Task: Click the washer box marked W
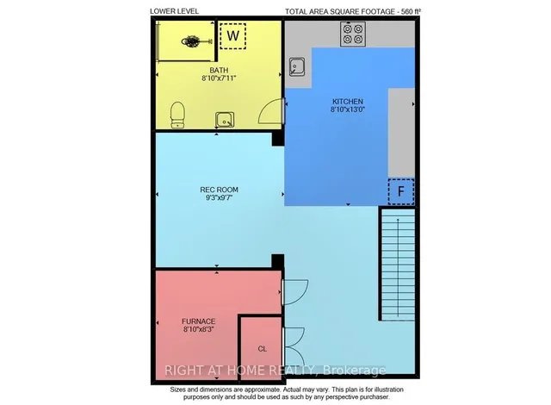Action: point(232,36)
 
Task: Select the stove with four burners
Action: point(354,34)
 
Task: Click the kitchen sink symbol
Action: point(298,67)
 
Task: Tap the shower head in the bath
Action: point(191,40)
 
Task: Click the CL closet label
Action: point(263,349)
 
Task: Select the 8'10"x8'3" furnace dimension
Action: point(198,328)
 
